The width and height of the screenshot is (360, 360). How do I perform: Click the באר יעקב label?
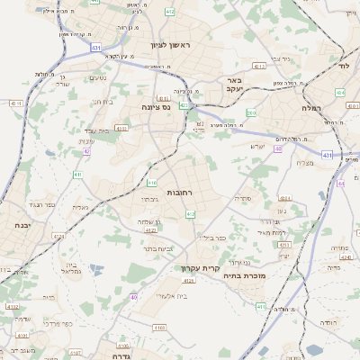(233, 85)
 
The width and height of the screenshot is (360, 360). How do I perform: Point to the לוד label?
(343, 66)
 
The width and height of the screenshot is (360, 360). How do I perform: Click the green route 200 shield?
(251, 112)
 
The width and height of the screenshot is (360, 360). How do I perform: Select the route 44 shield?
(340, 184)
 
